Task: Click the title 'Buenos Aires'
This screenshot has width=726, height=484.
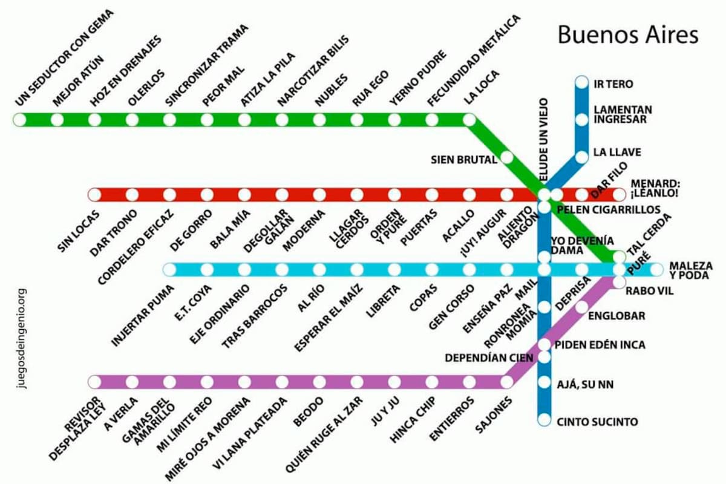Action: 627,34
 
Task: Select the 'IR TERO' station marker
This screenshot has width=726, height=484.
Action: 581,82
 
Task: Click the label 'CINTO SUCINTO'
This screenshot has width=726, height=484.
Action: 597,422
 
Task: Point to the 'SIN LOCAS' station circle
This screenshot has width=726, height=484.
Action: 94,195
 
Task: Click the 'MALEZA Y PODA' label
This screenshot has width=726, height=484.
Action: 691,270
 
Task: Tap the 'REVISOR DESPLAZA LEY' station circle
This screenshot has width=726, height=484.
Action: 94,382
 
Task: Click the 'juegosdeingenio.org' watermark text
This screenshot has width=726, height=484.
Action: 22,338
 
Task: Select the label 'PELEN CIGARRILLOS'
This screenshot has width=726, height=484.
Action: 609,210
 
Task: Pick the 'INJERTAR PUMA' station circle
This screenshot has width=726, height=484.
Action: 169,269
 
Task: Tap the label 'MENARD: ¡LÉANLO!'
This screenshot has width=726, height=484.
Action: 655,188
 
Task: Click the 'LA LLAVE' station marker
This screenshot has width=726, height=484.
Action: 581,157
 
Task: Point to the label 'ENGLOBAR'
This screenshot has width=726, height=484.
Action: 616,316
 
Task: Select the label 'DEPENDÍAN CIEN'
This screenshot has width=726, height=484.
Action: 489,358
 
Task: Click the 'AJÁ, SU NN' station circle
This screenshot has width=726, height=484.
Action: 544,383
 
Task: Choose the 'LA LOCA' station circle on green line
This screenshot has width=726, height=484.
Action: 469,120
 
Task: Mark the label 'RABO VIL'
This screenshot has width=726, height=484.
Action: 649,291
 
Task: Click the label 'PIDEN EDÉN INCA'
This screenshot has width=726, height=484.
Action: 600,345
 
